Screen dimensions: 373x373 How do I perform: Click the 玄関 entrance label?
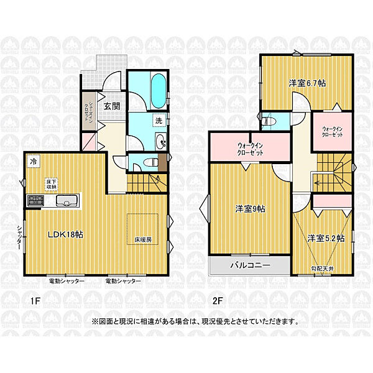coord(112,106)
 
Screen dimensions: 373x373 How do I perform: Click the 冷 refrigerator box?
coord(32,160)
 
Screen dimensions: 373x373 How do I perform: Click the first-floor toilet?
coord(147,163)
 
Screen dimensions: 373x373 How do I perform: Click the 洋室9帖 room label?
coord(250,210)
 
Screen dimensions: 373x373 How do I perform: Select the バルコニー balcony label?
coord(250,265)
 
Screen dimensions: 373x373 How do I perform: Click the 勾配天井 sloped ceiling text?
coord(323,268)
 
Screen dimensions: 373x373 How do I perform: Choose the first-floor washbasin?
coord(161,141)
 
